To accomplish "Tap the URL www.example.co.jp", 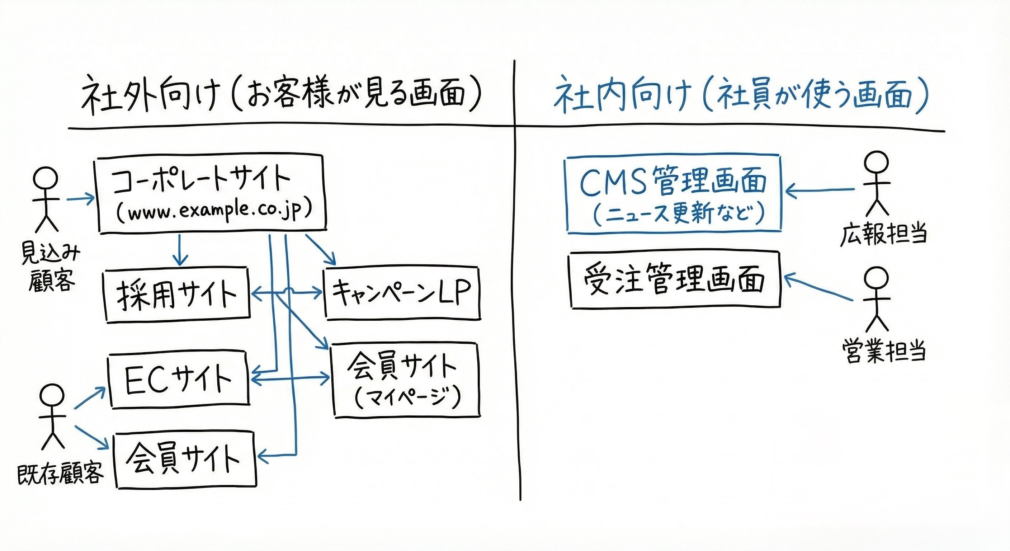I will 214,212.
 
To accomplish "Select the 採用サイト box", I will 176,295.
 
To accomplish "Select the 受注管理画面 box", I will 674,281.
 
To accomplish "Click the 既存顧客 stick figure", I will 52,416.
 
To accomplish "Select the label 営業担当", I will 884,350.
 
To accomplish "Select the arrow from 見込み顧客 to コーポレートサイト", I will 81,199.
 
